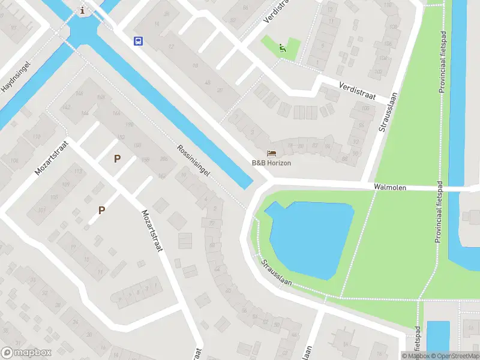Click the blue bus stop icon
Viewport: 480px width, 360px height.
[138, 41]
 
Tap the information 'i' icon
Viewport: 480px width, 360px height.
[82, 10]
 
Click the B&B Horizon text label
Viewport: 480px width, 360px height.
[271, 163]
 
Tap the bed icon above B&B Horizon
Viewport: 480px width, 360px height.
[272, 154]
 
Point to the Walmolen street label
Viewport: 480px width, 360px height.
[390, 187]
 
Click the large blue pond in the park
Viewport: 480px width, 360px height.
[309, 237]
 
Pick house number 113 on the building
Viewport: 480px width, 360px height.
[77, 171]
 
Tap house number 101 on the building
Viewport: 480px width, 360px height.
[41, 210]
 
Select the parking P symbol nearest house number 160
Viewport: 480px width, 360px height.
[117, 159]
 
